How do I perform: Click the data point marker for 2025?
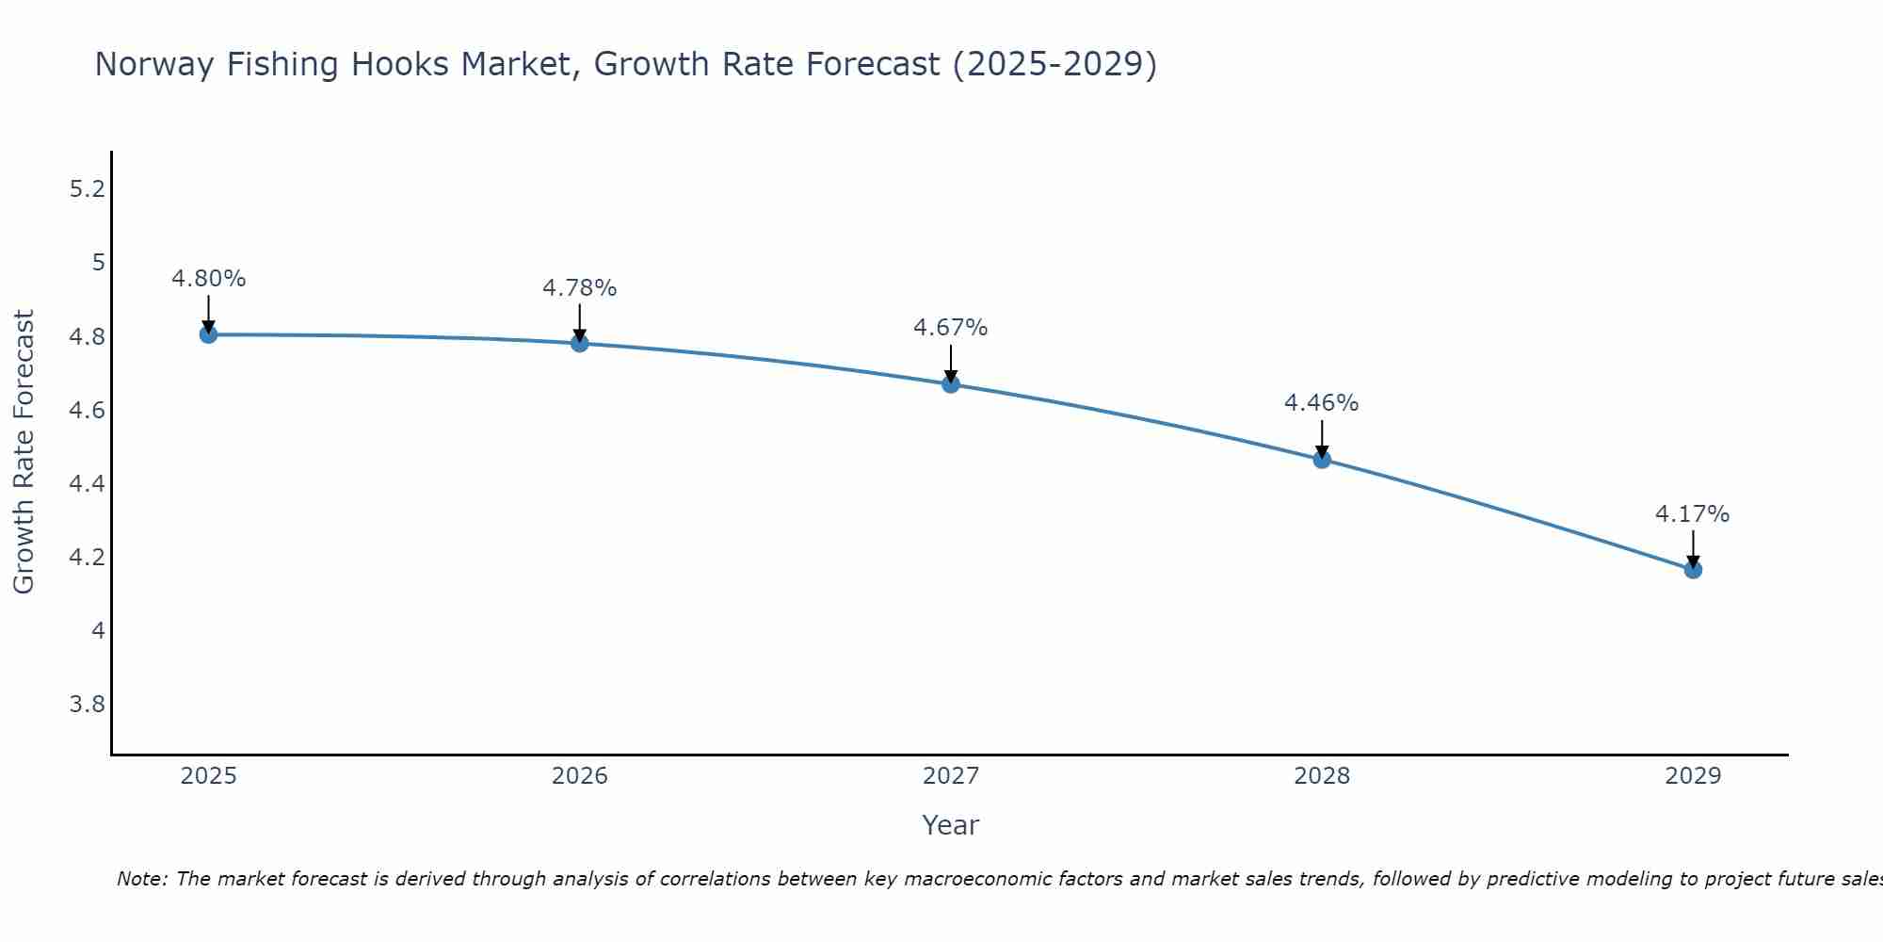point(208,334)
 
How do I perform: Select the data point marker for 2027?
point(951,384)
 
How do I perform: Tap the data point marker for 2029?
point(1693,570)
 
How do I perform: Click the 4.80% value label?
point(208,279)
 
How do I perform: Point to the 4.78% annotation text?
point(579,288)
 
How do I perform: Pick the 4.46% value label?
point(1321,403)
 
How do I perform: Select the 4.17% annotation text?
point(1692,514)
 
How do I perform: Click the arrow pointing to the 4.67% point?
point(951,363)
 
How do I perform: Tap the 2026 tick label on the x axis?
point(579,776)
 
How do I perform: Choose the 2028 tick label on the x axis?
point(1321,776)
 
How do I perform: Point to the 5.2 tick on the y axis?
point(87,189)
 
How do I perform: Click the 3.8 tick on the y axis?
point(87,705)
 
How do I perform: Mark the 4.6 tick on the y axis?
point(87,411)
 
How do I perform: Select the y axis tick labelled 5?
point(98,263)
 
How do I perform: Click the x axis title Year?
point(950,825)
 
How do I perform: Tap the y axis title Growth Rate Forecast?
point(24,452)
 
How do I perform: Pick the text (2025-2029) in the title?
point(1054,65)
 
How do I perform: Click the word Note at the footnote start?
point(141,879)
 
